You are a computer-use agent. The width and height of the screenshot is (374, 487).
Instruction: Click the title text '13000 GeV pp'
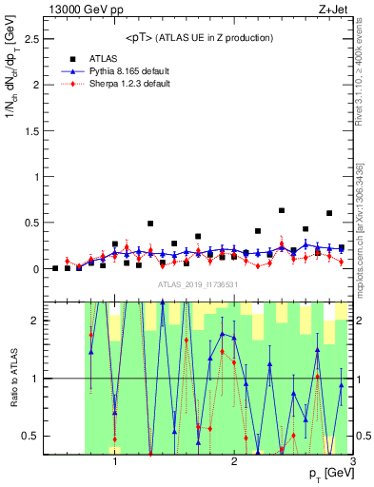coord(78,10)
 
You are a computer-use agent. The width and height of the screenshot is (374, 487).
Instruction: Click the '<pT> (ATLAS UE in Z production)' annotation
coord(199,37)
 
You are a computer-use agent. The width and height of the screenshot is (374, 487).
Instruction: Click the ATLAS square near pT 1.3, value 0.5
coord(150,224)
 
